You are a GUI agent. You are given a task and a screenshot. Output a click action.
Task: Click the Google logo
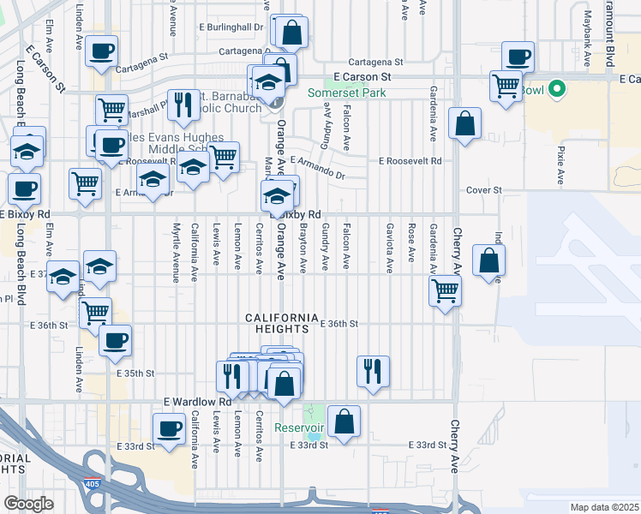29,504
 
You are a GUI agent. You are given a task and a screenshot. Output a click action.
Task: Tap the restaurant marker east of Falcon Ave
373,372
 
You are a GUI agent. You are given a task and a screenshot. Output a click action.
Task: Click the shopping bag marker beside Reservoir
344,421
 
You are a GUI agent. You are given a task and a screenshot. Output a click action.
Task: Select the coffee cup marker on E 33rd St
169,428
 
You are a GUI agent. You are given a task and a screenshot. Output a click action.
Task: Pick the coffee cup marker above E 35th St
115,340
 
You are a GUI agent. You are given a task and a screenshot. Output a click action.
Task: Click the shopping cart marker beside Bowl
506,86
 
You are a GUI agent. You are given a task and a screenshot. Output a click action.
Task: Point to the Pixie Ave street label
560,165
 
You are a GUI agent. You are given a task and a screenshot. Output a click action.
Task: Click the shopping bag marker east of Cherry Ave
488,262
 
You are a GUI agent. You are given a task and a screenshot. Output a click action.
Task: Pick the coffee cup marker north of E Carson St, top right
518,57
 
